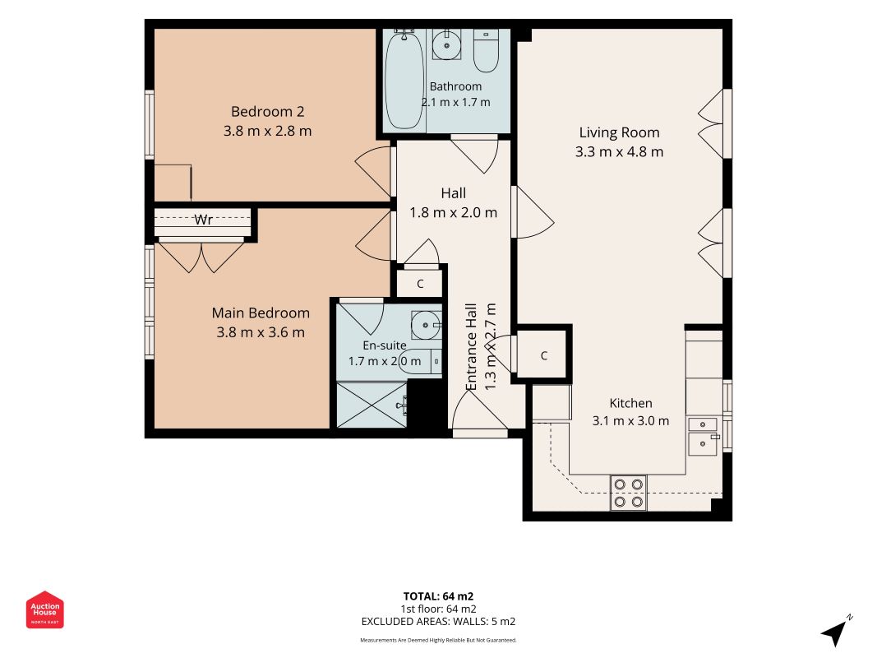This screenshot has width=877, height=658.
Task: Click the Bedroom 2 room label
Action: pyautogui.click(x=267, y=112)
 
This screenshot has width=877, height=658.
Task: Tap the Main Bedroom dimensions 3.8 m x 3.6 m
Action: pyautogui.click(x=261, y=332)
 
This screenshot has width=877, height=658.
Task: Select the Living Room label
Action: pyautogui.click(x=619, y=133)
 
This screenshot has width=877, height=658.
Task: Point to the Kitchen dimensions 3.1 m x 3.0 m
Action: pyautogui.click(x=630, y=421)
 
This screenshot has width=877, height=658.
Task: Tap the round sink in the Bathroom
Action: pyautogui.click(x=446, y=44)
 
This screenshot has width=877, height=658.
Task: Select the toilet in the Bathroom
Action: pyautogui.click(x=486, y=51)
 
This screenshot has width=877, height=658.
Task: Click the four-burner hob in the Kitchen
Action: pyautogui.click(x=628, y=493)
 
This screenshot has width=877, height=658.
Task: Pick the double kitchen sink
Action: pyautogui.click(x=703, y=436)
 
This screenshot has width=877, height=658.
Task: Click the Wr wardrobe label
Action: pyautogui.click(x=203, y=220)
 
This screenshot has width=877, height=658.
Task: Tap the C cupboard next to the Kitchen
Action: pyautogui.click(x=543, y=356)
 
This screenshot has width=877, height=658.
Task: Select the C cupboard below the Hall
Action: pyautogui.click(x=420, y=285)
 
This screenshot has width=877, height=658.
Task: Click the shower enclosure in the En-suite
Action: pyautogui.click(x=372, y=405)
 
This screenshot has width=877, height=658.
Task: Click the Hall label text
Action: pyautogui.click(x=453, y=193)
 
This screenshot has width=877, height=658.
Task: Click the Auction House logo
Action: pyautogui.click(x=44, y=609)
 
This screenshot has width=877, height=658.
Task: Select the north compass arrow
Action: pyautogui.click(x=834, y=631)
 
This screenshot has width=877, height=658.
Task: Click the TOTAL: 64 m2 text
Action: pyautogui.click(x=439, y=596)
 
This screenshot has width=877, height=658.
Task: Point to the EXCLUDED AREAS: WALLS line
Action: pyautogui.click(x=439, y=622)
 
